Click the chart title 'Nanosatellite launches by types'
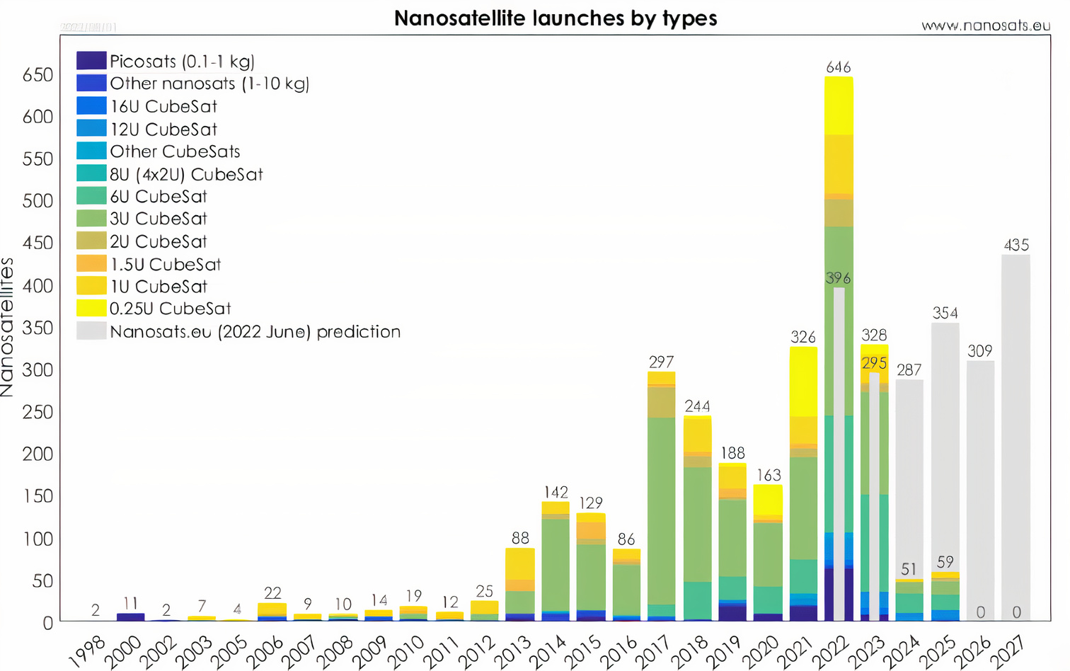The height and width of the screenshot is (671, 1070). pyautogui.click(x=556, y=18)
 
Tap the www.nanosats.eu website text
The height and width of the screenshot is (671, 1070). pyautogui.click(x=985, y=25)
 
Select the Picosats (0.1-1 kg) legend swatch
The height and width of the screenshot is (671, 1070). pyautogui.click(x=91, y=61)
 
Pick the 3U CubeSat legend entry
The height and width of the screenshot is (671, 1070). pyautogui.click(x=158, y=219)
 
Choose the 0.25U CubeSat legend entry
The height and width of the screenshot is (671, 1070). pyautogui.click(x=170, y=309)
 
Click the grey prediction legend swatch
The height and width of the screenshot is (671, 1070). pyautogui.click(x=91, y=331)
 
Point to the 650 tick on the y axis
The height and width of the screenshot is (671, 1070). pyautogui.click(x=38, y=75)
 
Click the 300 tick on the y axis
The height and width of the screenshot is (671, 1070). pyautogui.click(x=38, y=370)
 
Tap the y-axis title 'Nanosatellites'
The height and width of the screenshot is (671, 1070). pyautogui.click(x=8, y=327)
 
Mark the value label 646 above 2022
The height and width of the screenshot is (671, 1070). pyautogui.click(x=839, y=67)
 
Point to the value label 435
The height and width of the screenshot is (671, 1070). pyautogui.click(x=1016, y=245)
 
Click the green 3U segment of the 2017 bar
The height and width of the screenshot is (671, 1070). pyautogui.click(x=662, y=510)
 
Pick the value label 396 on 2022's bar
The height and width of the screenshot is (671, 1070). pyautogui.click(x=839, y=278)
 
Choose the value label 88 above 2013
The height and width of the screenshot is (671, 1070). pyautogui.click(x=520, y=537)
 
